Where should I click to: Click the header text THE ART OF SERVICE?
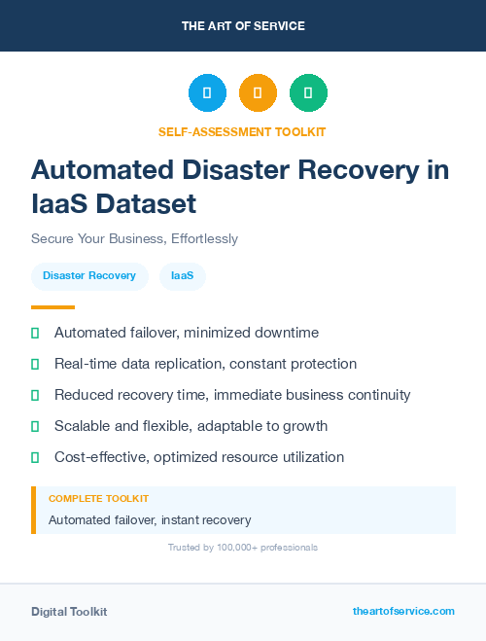pyautogui.click(x=243, y=26)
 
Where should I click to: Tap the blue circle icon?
pyautogui.click(x=207, y=93)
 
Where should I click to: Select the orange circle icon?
pyautogui.click(x=258, y=93)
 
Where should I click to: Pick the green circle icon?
pyautogui.click(x=308, y=93)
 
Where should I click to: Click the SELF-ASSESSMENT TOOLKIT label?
pyautogui.click(x=242, y=131)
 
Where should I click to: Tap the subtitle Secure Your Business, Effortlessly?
pyautogui.click(x=134, y=238)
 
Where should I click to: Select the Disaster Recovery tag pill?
pyautogui.click(x=89, y=276)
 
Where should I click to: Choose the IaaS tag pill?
pyautogui.click(x=182, y=276)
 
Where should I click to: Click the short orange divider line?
pyautogui.click(x=52, y=307)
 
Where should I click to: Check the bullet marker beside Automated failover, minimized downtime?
pyautogui.click(x=35, y=333)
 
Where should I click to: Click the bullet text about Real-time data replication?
pyautogui.click(x=205, y=364)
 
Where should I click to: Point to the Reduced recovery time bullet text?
pyautogui.click(x=232, y=395)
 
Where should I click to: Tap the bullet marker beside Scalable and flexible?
pyautogui.click(x=35, y=426)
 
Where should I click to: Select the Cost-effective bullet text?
pyautogui.click(x=199, y=457)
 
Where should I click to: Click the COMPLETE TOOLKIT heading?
pyautogui.click(x=98, y=498)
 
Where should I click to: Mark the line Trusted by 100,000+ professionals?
pyautogui.click(x=242, y=548)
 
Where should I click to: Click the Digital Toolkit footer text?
pyautogui.click(x=69, y=612)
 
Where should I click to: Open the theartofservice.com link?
pyautogui.click(x=403, y=611)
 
